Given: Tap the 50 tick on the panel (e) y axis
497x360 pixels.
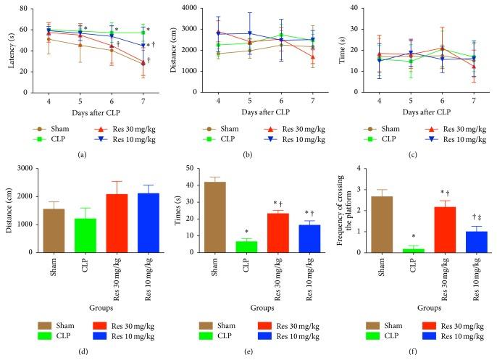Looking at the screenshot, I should click(x=198, y=168).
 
